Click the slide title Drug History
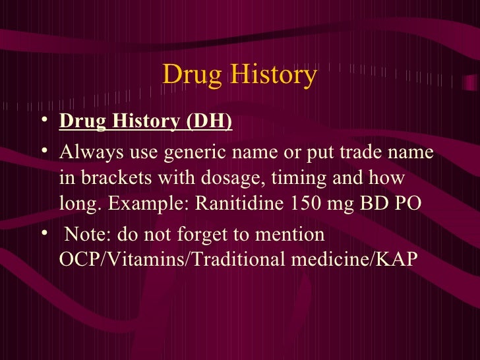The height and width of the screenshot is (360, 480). pyautogui.click(x=239, y=75)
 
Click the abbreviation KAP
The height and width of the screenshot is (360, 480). pyautogui.click(x=398, y=259)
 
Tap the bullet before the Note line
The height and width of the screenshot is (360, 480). pyautogui.click(x=44, y=234)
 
